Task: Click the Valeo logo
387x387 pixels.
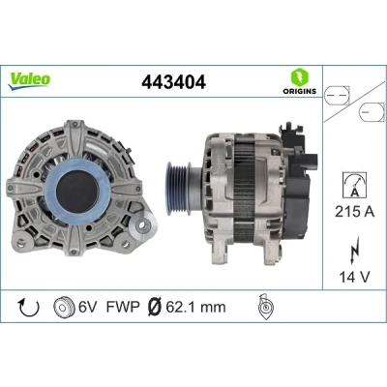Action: click(29, 81)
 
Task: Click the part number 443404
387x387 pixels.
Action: click(173, 82)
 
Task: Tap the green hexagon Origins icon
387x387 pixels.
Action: click(300, 77)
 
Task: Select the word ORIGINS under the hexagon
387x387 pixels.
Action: click(300, 91)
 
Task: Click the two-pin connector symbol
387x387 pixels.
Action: click(337, 96)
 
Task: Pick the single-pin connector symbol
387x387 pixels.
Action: click(372, 112)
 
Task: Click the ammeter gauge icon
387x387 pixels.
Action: click(355, 185)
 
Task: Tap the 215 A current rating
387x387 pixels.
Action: click(355, 212)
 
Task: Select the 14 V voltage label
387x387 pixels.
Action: click(354, 277)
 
